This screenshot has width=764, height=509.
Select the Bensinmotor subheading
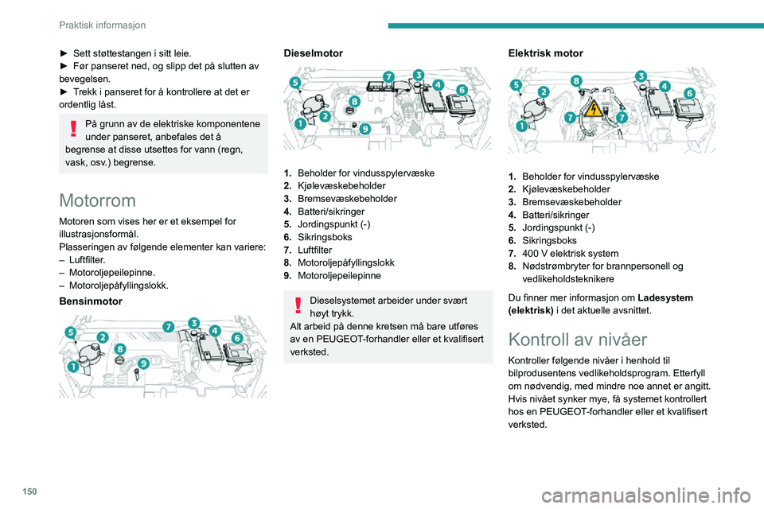pyautogui.click(x=92, y=303)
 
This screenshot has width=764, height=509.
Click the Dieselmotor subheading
pyautogui.click(x=314, y=53)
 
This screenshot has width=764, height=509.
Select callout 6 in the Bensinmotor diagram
pyautogui.click(x=238, y=339)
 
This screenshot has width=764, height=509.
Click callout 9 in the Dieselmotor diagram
pyautogui.click(x=365, y=127)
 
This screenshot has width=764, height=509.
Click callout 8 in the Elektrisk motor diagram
pyautogui.click(x=576, y=80)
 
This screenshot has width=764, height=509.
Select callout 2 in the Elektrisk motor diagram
pyautogui.click(x=544, y=93)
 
